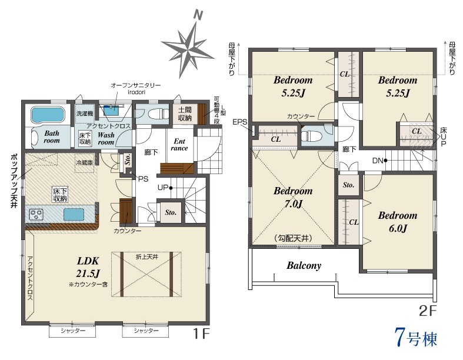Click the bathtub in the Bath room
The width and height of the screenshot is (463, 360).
(47, 115)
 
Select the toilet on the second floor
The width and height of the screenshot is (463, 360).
(312, 136)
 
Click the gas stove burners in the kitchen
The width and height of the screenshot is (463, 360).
(36, 214)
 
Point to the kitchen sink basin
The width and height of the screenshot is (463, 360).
(74, 214)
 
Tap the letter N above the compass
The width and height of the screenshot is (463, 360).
(198, 15)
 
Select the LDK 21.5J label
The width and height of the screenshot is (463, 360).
(88, 267)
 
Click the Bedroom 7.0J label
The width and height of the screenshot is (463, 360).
(293, 197)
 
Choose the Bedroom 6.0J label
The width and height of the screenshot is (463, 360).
(398, 222)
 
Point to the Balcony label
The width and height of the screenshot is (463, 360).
(304, 265)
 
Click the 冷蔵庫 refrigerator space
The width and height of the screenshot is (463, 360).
(85, 162)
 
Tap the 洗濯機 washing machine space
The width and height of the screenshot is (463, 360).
(85, 114)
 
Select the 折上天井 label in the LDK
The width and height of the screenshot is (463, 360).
(146, 257)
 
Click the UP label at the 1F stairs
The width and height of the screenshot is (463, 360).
(163, 188)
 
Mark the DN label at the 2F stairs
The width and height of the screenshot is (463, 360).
(378, 161)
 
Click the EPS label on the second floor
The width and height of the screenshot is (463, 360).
(240, 122)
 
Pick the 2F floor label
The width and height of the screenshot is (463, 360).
(428, 311)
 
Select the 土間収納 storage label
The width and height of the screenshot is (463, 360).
(185, 114)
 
